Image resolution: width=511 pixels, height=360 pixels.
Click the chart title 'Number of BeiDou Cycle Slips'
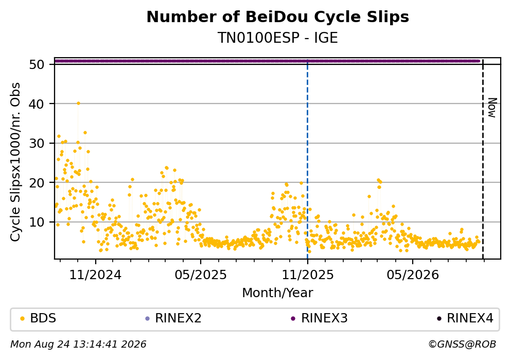click(x=278, y=17)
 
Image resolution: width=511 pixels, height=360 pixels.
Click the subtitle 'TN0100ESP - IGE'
click(x=278, y=38)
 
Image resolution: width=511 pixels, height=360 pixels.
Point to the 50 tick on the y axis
click(x=37, y=64)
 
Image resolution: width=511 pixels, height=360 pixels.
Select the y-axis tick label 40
click(x=37, y=104)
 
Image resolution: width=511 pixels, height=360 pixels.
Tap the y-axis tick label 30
click(x=37, y=143)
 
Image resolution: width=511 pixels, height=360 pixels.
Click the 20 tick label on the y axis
click(x=37, y=183)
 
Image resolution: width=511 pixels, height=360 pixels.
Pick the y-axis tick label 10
click(x=37, y=222)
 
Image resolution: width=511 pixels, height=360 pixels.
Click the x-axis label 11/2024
click(x=96, y=275)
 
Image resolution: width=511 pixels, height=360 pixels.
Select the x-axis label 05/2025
click(x=201, y=275)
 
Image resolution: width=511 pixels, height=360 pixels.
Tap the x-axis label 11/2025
click(x=308, y=275)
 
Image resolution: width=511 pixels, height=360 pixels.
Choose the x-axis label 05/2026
click(x=413, y=275)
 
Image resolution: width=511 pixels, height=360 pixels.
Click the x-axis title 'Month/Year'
click(x=278, y=293)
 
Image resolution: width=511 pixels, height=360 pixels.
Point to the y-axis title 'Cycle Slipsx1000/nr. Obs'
click(x=15, y=162)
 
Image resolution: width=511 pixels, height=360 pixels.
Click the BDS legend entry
click(x=39, y=318)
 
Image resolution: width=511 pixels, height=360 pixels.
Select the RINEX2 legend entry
click(x=173, y=318)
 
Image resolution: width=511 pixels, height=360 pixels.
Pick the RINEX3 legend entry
click(x=320, y=318)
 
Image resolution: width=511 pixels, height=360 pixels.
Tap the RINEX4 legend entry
click(x=465, y=318)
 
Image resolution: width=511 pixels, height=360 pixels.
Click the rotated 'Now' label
click(x=492, y=108)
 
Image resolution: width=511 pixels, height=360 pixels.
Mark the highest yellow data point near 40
click(x=78, y=104)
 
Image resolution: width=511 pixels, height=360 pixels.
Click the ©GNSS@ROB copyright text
click(x=462, y=344)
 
